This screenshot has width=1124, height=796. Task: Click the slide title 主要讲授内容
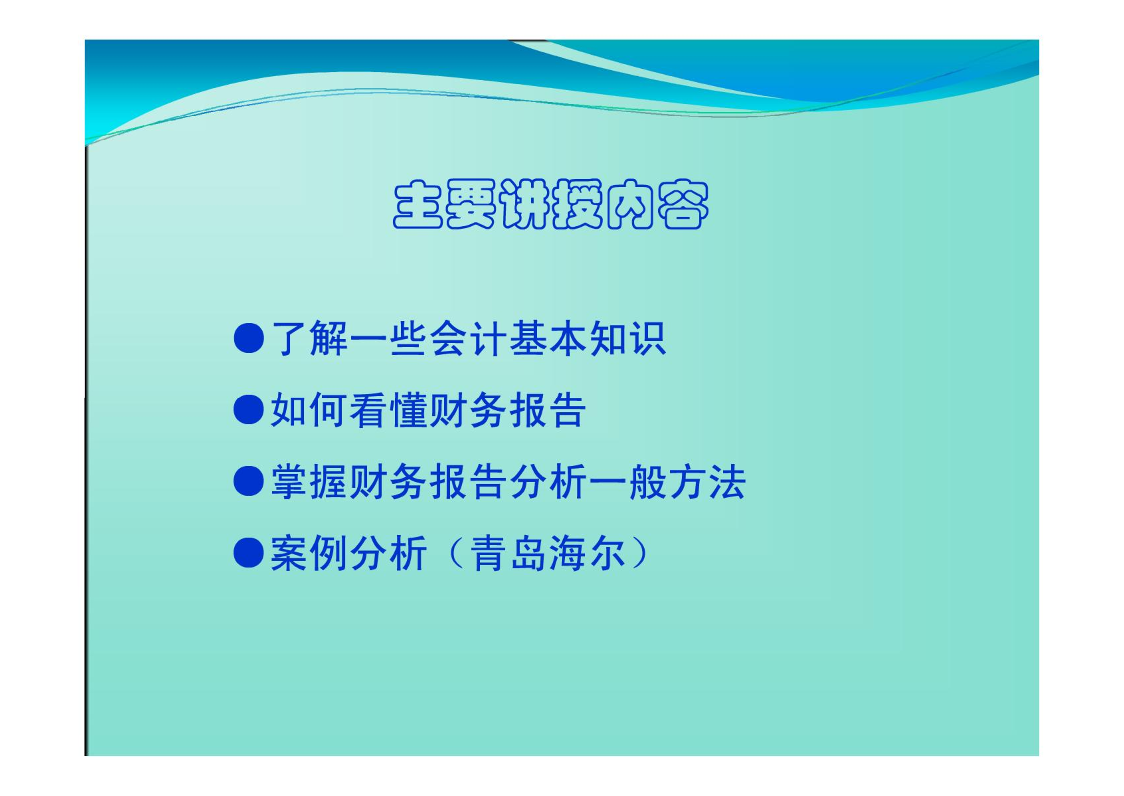(x=551, y=204)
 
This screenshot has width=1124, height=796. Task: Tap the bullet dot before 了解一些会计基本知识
(x=249, y=338)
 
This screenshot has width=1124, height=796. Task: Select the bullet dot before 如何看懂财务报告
(x=249, y=409)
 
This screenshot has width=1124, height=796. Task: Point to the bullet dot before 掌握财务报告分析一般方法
(x=249, y=481)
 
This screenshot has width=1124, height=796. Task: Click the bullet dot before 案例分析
(x=249, y=553)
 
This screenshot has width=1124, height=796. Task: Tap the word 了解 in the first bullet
(x=309, y=339)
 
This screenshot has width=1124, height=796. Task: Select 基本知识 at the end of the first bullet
(x=587, y=339)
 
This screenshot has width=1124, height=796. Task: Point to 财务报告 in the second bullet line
(x=507, y=410)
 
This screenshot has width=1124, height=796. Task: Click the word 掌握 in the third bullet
(x=309, y=482)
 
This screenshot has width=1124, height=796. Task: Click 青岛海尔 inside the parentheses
(x=548, y=553)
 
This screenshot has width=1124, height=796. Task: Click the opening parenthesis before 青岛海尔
(x=456, y=553)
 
